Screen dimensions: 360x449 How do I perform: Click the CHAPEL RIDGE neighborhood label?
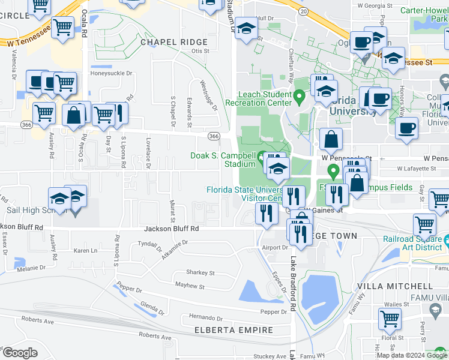(x=173, y=43)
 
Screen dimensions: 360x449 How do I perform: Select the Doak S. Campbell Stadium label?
(x=223, y=159)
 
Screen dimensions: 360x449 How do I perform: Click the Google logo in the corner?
(x=20, y=352)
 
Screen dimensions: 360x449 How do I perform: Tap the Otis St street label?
(x=200, y=52)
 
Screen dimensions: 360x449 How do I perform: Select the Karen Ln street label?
(x=85, y=251)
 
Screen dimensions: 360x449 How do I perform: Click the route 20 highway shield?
(x=304, y=11)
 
